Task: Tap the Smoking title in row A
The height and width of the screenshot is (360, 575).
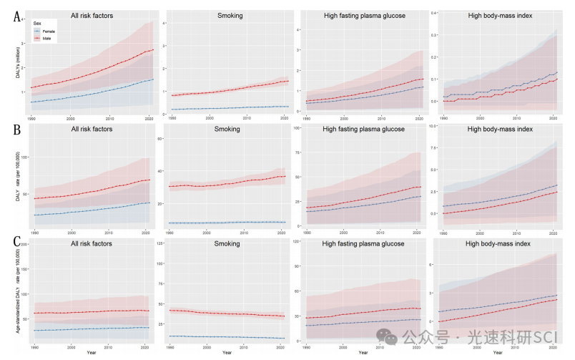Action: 227,14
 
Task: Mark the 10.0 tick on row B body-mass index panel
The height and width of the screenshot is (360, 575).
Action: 432,125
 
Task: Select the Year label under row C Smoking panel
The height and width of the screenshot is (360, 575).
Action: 227,352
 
